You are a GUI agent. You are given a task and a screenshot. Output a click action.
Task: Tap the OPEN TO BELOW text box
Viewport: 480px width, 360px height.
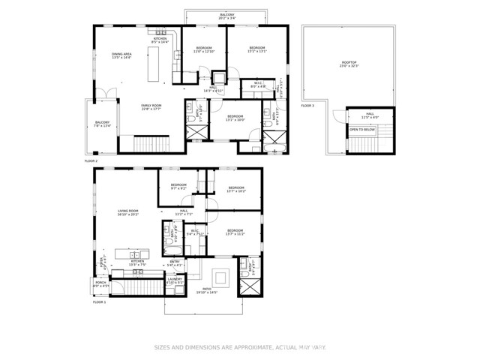click(x=362, y=130)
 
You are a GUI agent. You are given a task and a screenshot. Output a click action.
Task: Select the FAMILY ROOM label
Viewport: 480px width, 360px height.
click(x=151, y=107)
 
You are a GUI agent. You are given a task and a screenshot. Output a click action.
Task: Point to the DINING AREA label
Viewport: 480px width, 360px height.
click(x=121, y=56)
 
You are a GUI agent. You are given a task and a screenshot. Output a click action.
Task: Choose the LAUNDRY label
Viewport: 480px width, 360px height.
click(x=175, y=280)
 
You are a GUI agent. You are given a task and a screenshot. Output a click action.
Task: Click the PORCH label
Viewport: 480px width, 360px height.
click(x=100, y=284)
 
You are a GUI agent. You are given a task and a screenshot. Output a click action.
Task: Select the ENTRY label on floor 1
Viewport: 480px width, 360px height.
click(x=175, y=263)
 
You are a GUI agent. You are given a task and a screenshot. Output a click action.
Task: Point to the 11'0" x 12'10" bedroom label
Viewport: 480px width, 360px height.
click(x=204, y=49)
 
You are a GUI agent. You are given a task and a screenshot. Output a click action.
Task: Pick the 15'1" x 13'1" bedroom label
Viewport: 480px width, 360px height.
click(x=257, y=49)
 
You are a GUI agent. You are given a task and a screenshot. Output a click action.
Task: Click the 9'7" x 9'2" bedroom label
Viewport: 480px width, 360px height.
click(x=178, y=187)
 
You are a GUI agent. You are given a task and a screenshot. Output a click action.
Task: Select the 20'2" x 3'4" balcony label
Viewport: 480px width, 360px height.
click(x=227, y=16)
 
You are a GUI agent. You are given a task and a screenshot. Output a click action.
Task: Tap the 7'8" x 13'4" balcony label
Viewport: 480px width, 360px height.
click(x=102, y=124)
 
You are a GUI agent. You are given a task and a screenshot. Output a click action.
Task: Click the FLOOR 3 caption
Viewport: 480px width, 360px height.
click(x=307, y=106)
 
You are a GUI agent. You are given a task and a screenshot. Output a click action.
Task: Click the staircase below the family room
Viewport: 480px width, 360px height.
click(x=153, y=143)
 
